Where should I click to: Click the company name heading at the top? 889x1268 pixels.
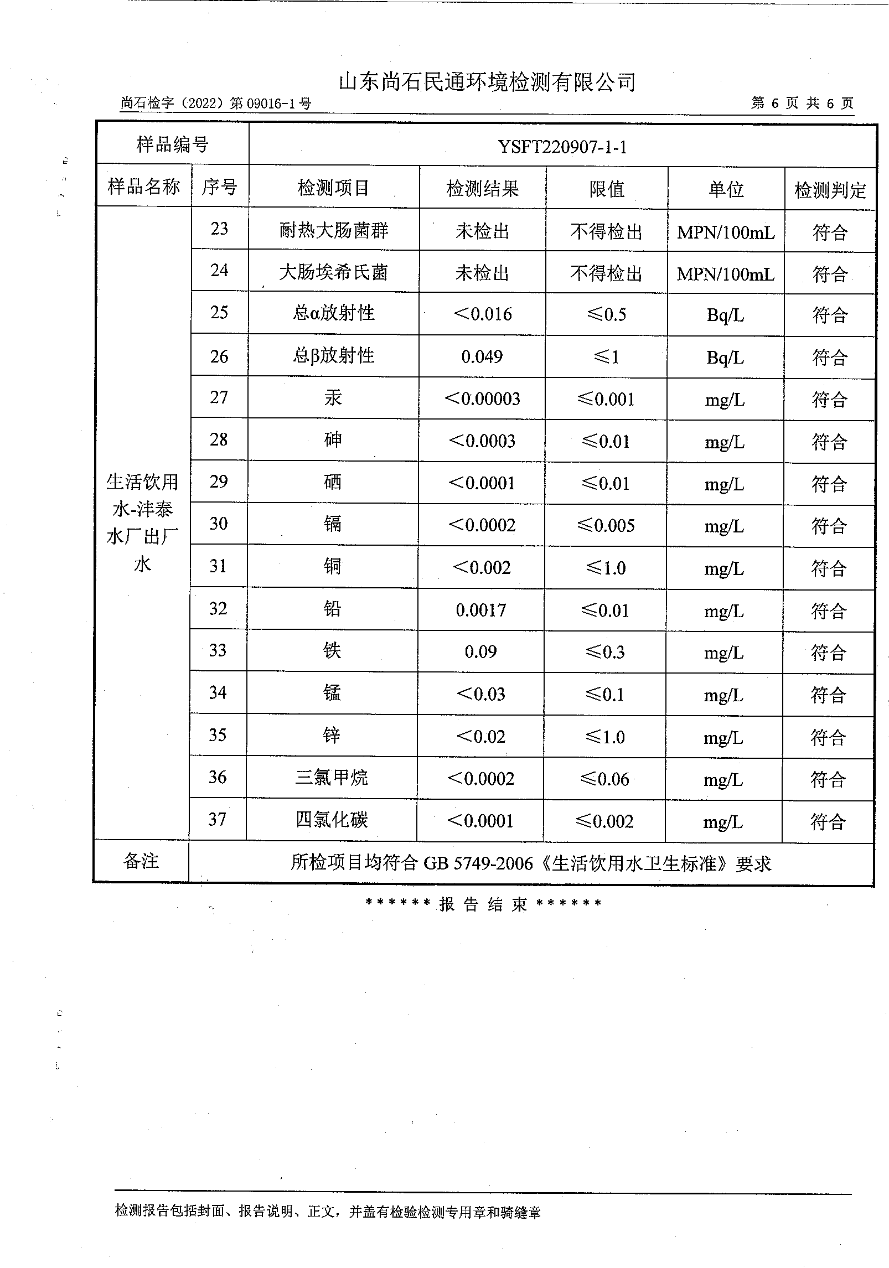[487, 82]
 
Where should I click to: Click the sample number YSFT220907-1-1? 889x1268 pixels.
[562, 147]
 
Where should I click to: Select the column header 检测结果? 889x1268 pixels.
[483, 189]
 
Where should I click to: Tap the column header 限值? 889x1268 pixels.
[607, 189]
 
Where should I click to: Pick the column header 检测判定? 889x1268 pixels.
[830, 190]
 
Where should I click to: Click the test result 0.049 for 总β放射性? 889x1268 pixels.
[482, 356]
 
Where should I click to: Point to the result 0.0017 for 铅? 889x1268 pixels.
[480, 610]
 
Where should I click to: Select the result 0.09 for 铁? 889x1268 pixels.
[480, 651]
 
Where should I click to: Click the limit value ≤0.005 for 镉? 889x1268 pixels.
[606, 525]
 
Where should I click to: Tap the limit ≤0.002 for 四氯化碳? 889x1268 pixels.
[604, 821]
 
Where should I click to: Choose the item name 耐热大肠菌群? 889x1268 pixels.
[334, 230]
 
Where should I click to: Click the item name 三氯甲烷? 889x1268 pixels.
[332, 778]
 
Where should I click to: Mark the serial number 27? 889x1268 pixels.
[219, 397]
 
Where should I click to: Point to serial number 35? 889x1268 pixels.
[218, 735]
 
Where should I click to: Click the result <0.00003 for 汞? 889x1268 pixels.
[482, 398]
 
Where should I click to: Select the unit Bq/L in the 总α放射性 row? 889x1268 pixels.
[725, 315]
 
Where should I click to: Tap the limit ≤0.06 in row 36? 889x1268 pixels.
[605, 779]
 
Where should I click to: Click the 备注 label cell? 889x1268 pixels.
[141, 861]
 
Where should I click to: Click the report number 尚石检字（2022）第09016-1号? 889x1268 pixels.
[216, 103]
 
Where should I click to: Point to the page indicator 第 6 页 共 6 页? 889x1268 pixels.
[802, 103]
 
